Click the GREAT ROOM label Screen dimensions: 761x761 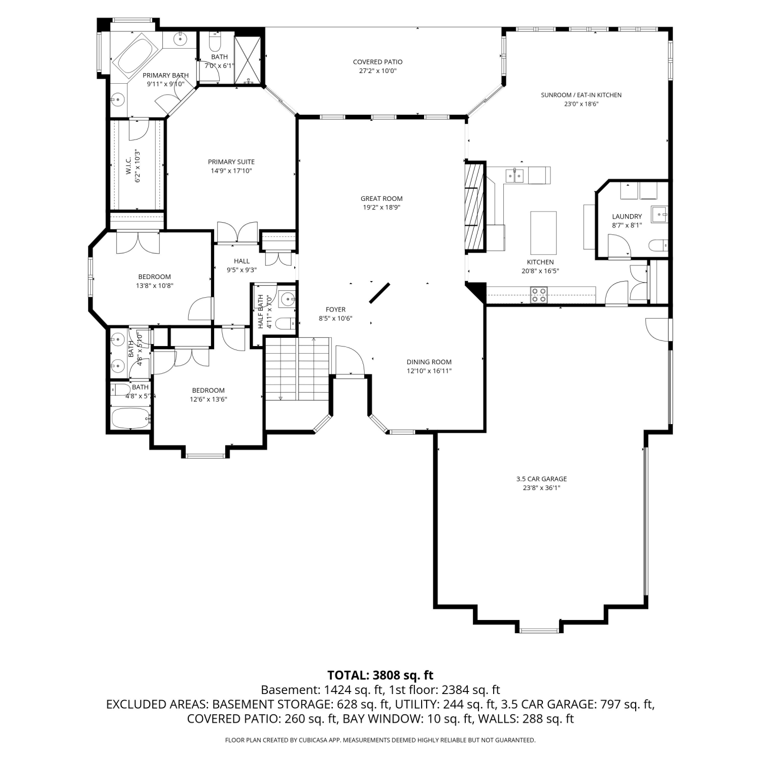(382, 198)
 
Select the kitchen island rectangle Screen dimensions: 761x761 (543, 233)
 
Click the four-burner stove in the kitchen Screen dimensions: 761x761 (539, 295)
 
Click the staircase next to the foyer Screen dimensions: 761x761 (298, 369)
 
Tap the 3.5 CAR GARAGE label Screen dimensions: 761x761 (541, 479)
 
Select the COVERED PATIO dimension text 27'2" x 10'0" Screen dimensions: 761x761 (377, 71)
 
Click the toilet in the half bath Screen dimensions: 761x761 (287, 323)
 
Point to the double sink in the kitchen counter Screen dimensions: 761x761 (514, 175)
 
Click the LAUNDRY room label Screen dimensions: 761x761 (627, 217)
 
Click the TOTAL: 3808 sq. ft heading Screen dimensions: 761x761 (380, 675)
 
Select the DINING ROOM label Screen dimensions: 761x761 (429, 362)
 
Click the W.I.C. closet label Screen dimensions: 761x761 (128, 166)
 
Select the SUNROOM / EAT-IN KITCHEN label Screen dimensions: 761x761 (581, 95)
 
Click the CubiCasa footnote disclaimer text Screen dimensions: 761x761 (380, 740)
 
